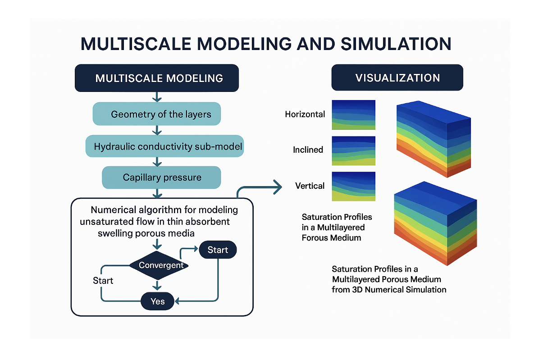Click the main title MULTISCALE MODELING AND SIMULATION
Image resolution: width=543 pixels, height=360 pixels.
pos(266,44)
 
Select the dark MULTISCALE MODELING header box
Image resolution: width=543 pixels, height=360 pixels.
pos(159,78)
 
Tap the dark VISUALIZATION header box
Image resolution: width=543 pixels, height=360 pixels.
pos(397,77)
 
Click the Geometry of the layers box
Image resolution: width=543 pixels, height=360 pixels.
pos(161,114)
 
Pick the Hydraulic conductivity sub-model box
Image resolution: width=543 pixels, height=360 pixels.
pos(164,146)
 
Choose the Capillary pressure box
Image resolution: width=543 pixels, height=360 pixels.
pos(162,177)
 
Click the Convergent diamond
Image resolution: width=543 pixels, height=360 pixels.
pos(161,265)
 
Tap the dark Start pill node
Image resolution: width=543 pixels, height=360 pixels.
pos(218,250)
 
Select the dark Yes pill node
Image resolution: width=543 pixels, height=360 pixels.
pos(157,301)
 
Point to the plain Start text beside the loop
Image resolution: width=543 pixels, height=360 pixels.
pos(103,281)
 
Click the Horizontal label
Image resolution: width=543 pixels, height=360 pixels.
pos(305,114)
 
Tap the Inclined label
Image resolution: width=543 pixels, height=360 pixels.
pos(308,150)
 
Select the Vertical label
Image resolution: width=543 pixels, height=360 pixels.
pos(310,186)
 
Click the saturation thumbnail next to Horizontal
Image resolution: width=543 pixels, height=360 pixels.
pos(353,115)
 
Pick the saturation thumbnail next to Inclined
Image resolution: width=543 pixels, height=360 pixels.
pos(353,150)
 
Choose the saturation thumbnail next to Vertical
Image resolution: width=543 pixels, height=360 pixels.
pos(353,186)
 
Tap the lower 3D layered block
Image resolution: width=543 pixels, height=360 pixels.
pos(434,223)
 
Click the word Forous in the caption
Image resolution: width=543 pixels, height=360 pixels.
pos(314,237)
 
